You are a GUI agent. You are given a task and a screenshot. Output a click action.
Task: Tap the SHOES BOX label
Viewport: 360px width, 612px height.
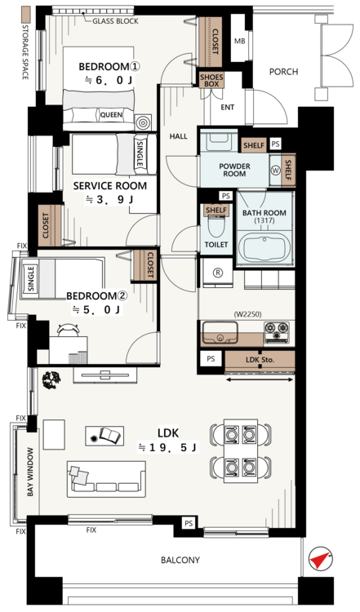(211, 81)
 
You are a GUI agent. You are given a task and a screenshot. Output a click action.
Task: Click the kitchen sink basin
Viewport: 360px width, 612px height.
(220, 333)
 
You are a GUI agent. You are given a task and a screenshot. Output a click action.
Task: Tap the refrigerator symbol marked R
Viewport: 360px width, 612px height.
(217, 273)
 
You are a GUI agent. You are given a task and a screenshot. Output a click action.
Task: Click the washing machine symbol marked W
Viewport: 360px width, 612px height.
(275, 171)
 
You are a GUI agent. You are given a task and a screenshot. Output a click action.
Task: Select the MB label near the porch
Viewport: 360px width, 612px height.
(240, 41)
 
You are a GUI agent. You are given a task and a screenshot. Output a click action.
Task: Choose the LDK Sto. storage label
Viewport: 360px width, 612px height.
(260, 360)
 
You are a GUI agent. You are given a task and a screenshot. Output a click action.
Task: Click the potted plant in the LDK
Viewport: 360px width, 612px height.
(51, 380)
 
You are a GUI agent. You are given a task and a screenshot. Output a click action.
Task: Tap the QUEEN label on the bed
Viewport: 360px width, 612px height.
(111, 115)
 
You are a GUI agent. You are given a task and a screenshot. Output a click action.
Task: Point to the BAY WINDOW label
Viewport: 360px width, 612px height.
(30, 472)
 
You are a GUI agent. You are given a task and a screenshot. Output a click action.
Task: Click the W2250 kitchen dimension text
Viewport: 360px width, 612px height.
(247, 314)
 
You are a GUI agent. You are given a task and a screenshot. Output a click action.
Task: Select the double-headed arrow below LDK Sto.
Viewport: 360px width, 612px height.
(260, 379)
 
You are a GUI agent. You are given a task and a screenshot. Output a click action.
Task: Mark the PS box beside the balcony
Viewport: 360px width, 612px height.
(189, 523)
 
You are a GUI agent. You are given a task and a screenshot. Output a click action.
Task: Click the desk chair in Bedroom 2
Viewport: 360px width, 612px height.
(69, 330)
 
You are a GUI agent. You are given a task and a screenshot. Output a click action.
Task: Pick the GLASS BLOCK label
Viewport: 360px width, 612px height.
(115, 20)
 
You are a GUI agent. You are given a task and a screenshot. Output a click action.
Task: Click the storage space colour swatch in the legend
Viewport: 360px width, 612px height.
(26, 15)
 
